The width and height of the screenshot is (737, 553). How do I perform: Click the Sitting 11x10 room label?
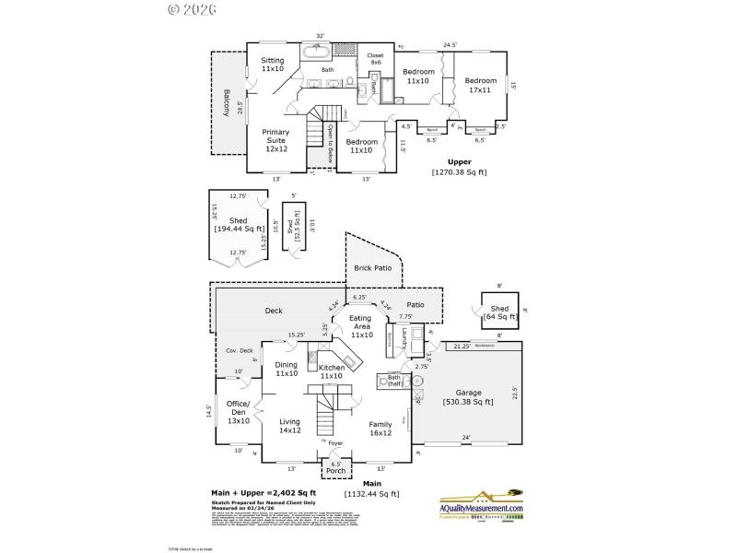pyautogui.click(x=272, y=65)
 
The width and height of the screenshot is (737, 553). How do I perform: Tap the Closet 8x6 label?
pyautogui.click(x=375, y=58)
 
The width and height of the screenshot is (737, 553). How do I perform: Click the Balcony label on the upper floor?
pyautogui.click(x=225, y=101)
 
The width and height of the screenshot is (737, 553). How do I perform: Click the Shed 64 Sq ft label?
pyautogui.click(x=499, y=313)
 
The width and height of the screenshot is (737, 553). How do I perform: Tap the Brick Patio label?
pyautogui.click(x=373, y=268)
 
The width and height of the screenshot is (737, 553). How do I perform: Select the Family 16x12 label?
pyautogui.click(x=380, y=429)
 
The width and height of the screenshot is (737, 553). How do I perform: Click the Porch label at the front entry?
pyautogui.click(x=335, y=470)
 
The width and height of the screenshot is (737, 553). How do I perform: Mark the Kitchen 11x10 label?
pyautogui.click(x=332, y=372)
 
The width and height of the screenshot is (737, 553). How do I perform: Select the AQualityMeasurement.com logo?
pyautogui.click(x=480, y=509)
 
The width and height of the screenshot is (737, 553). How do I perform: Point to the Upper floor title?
pyautogui.click(x=459, y=162)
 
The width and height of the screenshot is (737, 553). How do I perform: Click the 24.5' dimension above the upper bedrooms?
pyautogui.click(x=450, y=43)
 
